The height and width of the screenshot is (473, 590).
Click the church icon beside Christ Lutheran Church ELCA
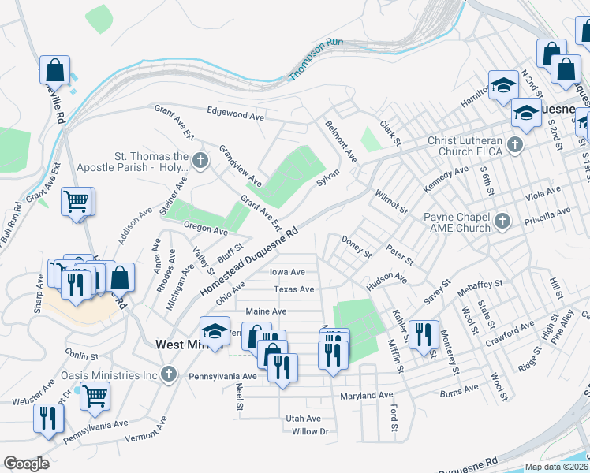click(515, 143)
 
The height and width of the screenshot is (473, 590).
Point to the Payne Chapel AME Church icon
click(502, 220)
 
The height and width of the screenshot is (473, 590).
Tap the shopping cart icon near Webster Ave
click(95, 395)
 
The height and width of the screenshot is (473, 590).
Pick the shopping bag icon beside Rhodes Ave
click(121, 277)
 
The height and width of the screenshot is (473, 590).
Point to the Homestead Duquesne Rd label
click(249, 263)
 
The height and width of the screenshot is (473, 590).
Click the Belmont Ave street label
click(341, 140)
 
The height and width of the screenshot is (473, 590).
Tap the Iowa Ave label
click(287, 271)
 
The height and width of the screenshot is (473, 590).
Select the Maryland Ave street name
click(365, 394)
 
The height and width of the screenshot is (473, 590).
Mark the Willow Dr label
click(308, 431)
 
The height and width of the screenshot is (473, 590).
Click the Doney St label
click(356, 247)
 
